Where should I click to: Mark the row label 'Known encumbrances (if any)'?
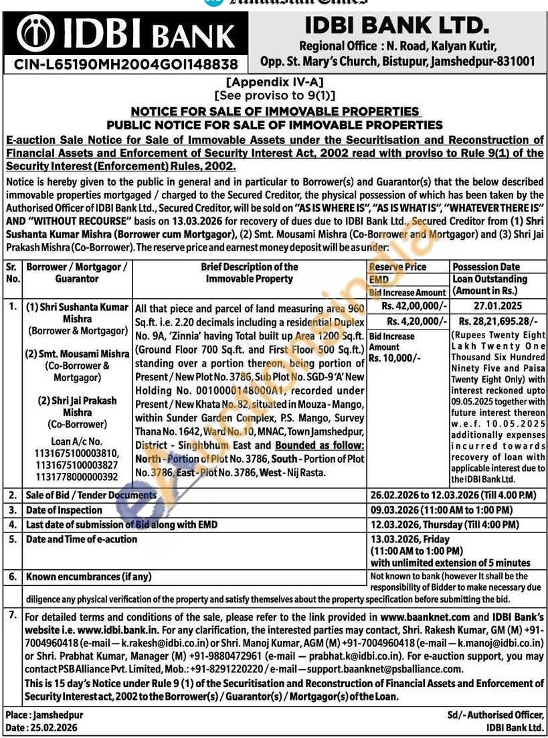(x=88, y=576)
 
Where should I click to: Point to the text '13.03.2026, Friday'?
(x=409, y=539)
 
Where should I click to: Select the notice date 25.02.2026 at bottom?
(x=52, y=727)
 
